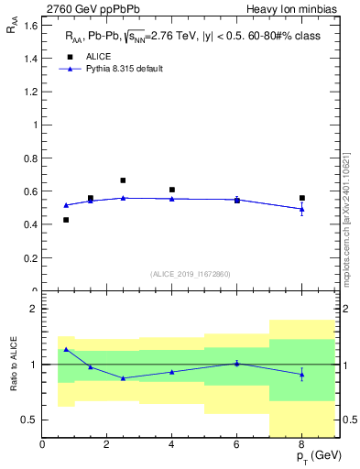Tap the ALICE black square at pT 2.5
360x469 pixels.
coord(123,180)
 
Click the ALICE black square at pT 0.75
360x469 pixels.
coord(66,220)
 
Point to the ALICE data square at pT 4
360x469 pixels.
coord(171,190)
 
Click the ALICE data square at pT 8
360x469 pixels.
coord(301,198)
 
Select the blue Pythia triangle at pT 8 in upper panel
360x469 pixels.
coord(301,209)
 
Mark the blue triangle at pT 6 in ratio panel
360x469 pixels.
coord(236,363)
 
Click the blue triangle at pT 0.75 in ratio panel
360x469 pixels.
coord(66,349)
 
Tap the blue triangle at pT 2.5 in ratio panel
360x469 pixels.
coord(123,377)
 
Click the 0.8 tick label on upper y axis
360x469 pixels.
coord(31,158)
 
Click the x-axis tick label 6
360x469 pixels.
coord(236,444)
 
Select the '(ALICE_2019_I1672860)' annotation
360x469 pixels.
coord(191,274)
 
